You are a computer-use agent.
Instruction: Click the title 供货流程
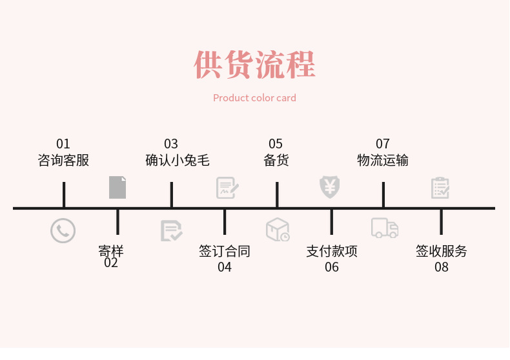click(254, 65)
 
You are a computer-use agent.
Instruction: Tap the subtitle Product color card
click(254, 98)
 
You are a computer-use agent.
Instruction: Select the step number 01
click(63, 144)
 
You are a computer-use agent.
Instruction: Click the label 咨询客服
click(63, 160)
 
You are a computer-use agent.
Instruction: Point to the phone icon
click(63, 230)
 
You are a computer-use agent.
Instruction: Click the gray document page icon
click(117, 187)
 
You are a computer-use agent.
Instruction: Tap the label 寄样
click(111, 250)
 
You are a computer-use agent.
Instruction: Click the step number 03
click(170, 144)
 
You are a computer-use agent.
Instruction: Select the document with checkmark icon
click(171, 230)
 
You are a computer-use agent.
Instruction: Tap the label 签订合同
click(224, 251)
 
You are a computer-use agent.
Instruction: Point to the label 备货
click(276, 160)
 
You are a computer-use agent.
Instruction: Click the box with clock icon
click(278, 229)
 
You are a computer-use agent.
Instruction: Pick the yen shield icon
click(330, 187)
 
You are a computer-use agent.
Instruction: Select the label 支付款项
click(331, 251)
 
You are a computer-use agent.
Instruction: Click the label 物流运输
click(383, 160)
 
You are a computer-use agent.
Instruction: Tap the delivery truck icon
click(384, 228)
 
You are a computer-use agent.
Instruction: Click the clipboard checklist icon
click(440, 188)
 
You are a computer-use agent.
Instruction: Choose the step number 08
click(441, 267)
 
